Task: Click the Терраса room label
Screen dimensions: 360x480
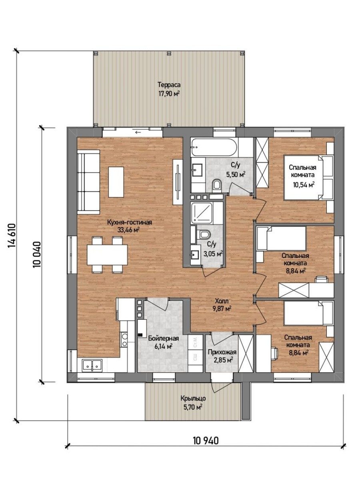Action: [169, 84]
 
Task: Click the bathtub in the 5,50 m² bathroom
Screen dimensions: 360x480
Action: [214, 147]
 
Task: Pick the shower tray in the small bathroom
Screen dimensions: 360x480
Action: [202, 213]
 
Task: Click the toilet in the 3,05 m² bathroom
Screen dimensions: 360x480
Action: [204, 234]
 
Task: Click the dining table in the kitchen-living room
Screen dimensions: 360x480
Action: [107, 255]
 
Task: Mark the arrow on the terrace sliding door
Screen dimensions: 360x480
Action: [138, 132]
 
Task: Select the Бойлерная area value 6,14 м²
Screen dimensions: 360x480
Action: [164, 346]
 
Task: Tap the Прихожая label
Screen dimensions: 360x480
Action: [222, 352]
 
